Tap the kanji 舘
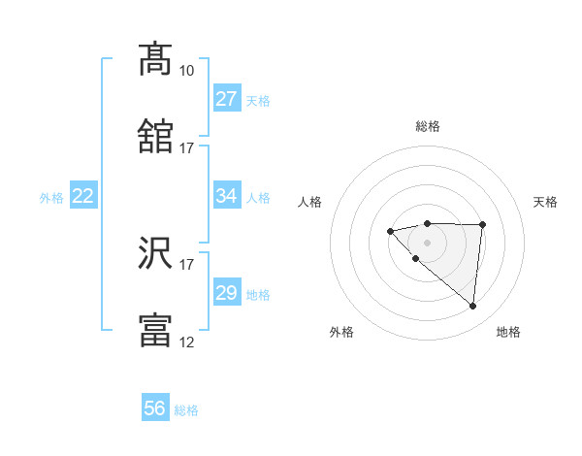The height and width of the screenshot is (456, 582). click(x=156, y=137)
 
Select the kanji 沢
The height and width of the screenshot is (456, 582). click(x=156, y=253)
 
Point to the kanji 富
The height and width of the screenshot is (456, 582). click(x=156, y=331)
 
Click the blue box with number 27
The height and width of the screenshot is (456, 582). click(x=227, y=99)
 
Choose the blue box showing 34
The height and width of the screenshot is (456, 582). click(x=227, y=196)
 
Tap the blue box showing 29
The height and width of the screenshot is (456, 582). click(x=227, y=293)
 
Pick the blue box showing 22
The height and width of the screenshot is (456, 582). click(x=83, y=196)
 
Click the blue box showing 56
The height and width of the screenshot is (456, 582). click(x=155, y=408)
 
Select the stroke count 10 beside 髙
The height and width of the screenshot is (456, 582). click(x=186, y=71)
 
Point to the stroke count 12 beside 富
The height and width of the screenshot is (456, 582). click(x=186, y=342)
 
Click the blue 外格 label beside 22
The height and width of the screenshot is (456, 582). click(x=51, y=197)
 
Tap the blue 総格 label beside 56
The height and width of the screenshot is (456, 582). click(x=186, y=409)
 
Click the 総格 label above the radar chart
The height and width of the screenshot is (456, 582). click(x=427, y=126)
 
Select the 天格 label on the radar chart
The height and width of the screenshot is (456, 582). click(x=546, y=202)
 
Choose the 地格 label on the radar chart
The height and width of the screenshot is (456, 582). click(x=508, y=332)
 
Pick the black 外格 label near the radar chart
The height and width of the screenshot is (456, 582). click(x=341, y=332)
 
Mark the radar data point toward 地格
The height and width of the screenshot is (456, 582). click(x=473, y=307)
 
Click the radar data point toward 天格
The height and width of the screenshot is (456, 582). click(x=483, y=224)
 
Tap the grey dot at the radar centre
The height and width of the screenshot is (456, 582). click(x=427, y=242)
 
